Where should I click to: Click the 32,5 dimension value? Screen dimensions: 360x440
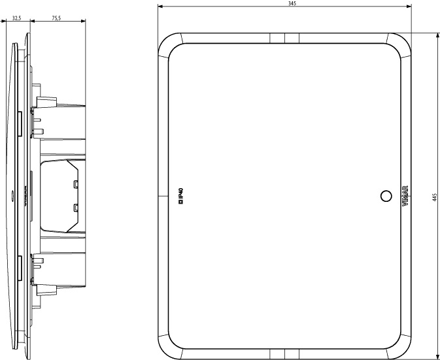tap(17, 18)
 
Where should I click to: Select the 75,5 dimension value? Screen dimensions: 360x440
tap(56, 18)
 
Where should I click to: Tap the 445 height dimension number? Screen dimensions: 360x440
tap(435, 197)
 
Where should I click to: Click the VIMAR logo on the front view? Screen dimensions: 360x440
tap(405, 195)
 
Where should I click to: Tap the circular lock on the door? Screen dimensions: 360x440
tap(386, 195)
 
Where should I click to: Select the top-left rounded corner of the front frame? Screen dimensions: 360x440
tap(169, 44)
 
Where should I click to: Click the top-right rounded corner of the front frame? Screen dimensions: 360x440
tap(400, 44)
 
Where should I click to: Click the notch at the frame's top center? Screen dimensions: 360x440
tap(284, 37)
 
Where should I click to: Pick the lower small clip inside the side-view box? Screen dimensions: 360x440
tap(76, 208)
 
